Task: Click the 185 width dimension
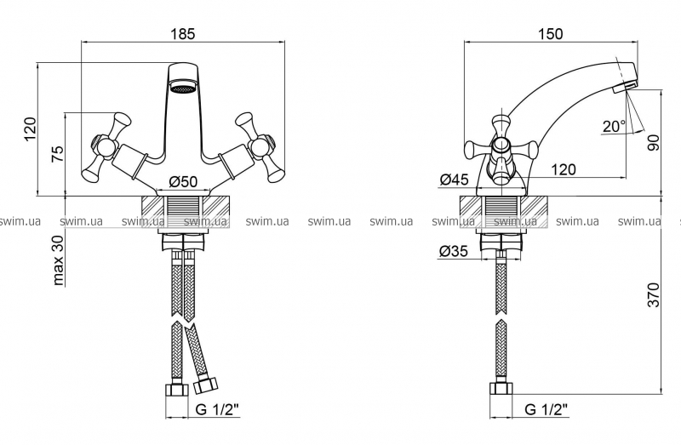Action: click(183, 34)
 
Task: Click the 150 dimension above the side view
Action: click(551, 34)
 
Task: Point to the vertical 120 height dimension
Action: click(31, 130)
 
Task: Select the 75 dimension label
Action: click(58, 157)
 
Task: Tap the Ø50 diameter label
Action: click(183, 180)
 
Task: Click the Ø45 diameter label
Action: click(455, 180)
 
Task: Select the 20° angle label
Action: click(613, 127)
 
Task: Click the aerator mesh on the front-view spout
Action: click(182, 87)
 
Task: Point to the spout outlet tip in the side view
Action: click(629, 83)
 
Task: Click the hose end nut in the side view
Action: click(501, 391)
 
